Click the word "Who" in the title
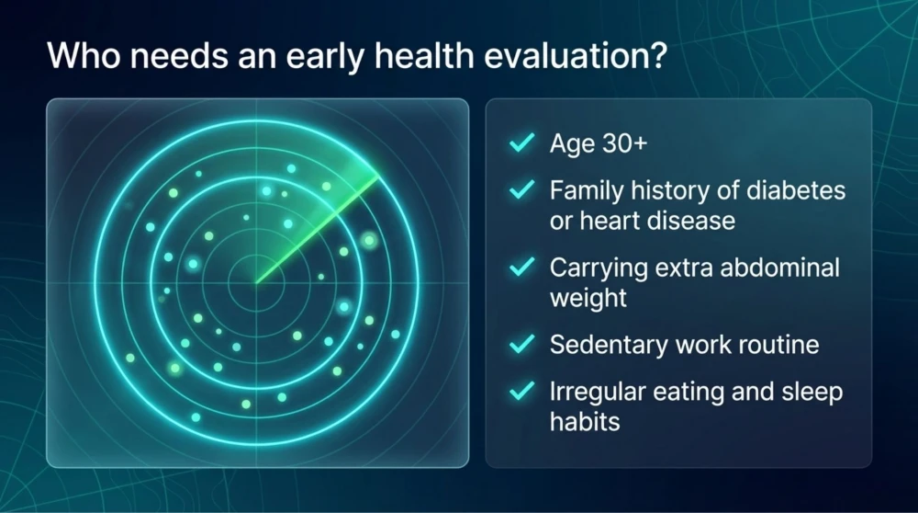[84, 56]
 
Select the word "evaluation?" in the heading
[577, 56]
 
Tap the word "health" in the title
[423, 56]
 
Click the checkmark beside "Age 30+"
[521, 142]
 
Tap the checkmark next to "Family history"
[521, 189]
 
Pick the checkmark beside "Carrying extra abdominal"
[521, 267]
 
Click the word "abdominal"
[779, 268]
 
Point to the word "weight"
[588, 299]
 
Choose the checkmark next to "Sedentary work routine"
[521, 344]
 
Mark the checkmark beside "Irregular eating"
[521, 391]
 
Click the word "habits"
[585, 422]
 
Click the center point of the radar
[256, 284]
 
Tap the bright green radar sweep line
[317, 229]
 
